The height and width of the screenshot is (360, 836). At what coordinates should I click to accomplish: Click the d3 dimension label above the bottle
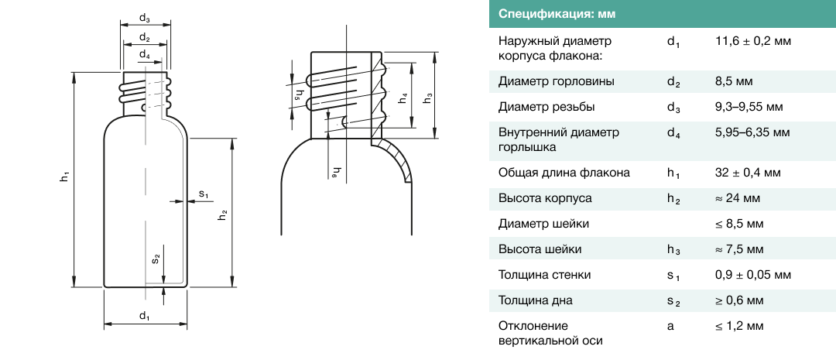coord(145,19)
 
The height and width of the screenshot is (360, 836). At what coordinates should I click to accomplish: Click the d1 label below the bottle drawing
coord(145,316)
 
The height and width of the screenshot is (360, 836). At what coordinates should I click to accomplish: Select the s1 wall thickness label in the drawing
coord(204,193)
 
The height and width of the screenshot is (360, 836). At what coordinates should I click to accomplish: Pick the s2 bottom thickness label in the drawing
coord(156,259)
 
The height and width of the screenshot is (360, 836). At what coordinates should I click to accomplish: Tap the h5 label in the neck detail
coord(299,94)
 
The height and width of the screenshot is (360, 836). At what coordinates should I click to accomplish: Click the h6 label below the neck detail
coord(335,173)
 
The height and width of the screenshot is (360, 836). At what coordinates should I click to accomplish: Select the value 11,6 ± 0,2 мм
coord(753,41)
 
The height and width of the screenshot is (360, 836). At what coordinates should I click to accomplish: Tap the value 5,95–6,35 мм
coord(752,132)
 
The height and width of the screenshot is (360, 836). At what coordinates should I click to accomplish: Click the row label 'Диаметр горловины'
coord(546,81)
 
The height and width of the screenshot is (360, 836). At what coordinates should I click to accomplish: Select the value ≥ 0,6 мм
coord(739,300)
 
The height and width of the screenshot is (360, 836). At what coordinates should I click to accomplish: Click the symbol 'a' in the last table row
coord(670,326)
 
